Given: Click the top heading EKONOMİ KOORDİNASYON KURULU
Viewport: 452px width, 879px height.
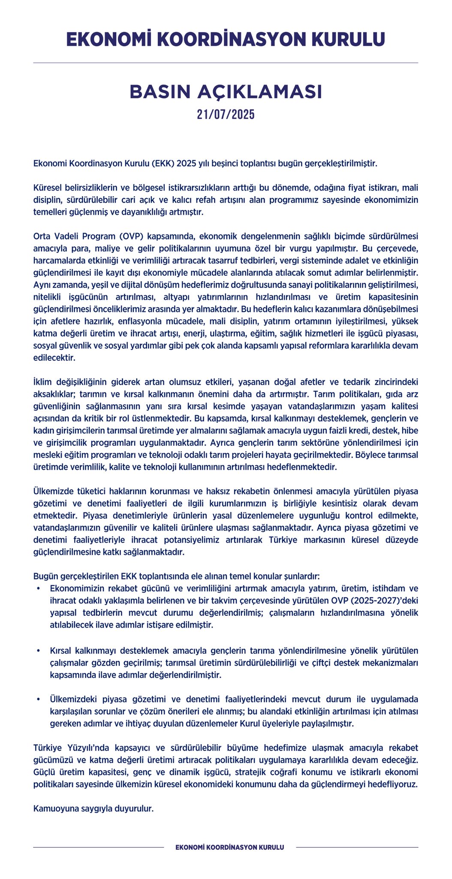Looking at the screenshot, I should pyautogui.click(x=226, y=39).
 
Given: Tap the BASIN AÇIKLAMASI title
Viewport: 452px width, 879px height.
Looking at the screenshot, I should pyautogui.click(x=226, y=92).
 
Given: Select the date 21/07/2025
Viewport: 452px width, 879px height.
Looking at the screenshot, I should pyautogui.click(x=226, y=115).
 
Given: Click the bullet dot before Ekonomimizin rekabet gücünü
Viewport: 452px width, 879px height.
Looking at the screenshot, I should pyautogui.click(x=39, y=588).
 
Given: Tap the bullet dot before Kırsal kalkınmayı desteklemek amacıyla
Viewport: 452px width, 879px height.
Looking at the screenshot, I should pyautogui.click(x=39, y=651).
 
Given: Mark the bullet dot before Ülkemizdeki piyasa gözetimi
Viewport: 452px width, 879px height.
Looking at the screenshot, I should pyautogui.click(x=39, y=700).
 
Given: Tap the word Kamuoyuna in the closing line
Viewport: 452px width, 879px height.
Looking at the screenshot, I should pyautogui.click(x=53, y=809).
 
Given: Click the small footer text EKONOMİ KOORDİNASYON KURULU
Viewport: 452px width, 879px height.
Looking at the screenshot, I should pyautogui.click(x=230, y=847).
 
